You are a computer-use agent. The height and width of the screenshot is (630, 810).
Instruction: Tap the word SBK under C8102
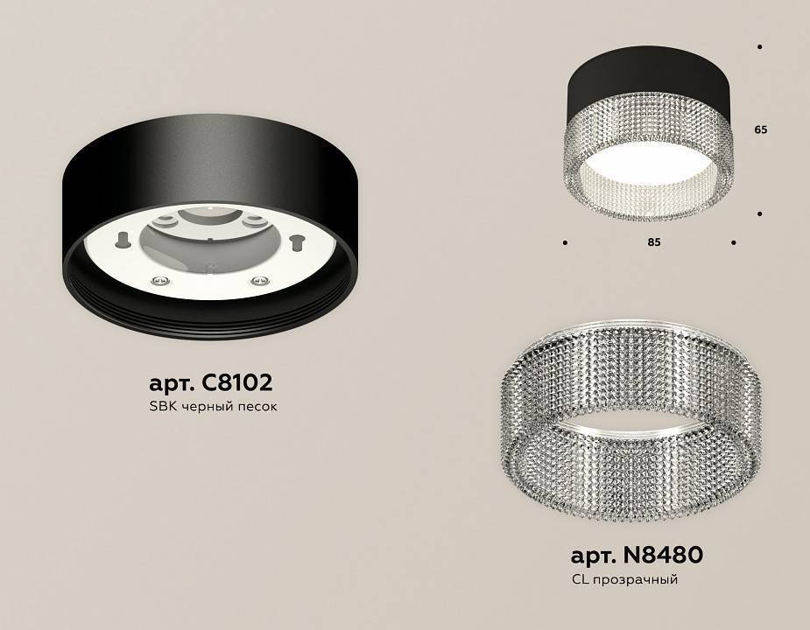(x=161, y=408)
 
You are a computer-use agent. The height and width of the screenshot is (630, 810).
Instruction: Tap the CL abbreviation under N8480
(x=579, y=579)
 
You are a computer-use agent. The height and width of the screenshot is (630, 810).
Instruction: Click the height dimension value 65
(x=760, y=129)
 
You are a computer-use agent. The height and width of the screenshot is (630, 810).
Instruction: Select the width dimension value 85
(x=653, y=242)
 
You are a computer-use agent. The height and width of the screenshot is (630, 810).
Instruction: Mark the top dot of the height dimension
(x=759, y=46)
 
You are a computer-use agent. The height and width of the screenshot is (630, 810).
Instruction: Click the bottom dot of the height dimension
(x=759, y=213)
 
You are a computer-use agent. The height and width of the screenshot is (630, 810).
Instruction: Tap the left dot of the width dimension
(x=565, y=242)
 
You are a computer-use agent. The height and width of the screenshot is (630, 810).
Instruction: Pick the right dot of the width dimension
(x=733, y=242)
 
